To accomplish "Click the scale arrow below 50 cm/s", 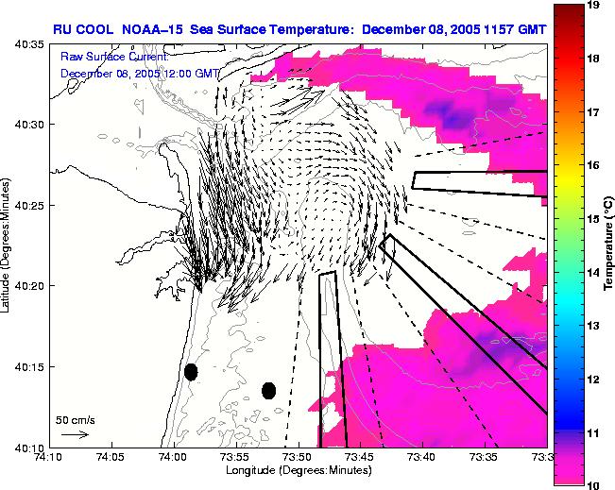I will [x=75, y=434].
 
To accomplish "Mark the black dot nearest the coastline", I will [x=191, y=372].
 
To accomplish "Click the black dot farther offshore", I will [x=268, y=391].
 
